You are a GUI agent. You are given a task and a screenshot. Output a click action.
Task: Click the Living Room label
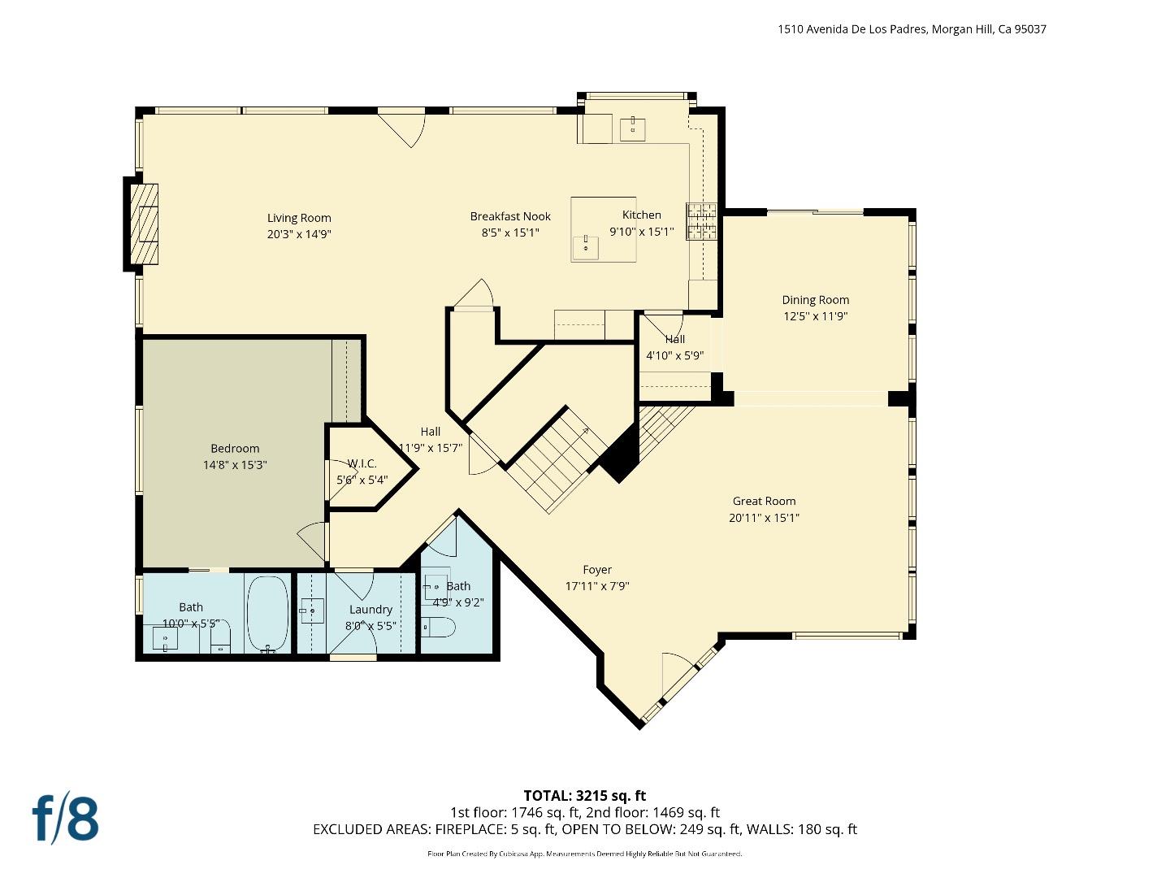click(299, 218)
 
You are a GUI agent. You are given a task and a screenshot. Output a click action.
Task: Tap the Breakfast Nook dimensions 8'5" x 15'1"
click(510, 233)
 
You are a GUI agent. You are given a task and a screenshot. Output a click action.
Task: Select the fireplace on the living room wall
click(144, 224)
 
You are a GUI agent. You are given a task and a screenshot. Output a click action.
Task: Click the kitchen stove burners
click(702, 221)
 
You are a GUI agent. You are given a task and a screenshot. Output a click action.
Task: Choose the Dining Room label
click(815, 300)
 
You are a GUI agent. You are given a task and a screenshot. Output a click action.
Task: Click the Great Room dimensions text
click(764, 518)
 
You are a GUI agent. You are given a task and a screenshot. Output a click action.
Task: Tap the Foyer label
click(597, 570)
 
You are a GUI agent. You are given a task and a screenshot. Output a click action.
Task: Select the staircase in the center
click(557, 459)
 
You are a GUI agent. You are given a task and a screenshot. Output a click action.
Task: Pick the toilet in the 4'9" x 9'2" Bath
click(439, 628)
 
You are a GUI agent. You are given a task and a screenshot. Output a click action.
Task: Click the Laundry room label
click(370, 610)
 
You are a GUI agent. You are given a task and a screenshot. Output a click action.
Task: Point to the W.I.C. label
click(362, 463)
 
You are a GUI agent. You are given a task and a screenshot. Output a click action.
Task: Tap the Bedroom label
click(235, 449)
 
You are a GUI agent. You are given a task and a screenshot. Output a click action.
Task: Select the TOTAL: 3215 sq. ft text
click(584, 796)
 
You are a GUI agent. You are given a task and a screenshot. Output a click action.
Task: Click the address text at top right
click(912, 29)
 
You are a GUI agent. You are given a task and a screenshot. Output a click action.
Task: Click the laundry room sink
click(312, 611)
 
